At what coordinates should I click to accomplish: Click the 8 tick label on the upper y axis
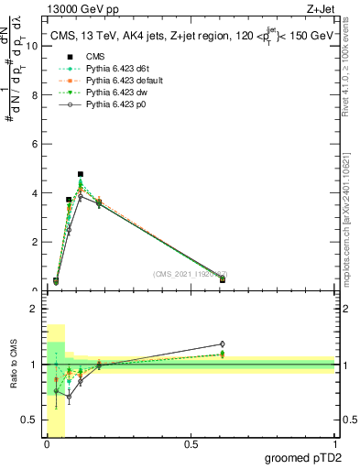tap(35, 95)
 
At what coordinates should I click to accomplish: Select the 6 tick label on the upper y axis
tap(35, 145)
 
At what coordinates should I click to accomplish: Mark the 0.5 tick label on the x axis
tap(191, 444)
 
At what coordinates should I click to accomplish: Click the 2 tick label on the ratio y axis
tap(35, 309)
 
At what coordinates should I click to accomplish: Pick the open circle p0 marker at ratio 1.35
tap(221, 344)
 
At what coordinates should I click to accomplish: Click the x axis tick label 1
tap(334, 444)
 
